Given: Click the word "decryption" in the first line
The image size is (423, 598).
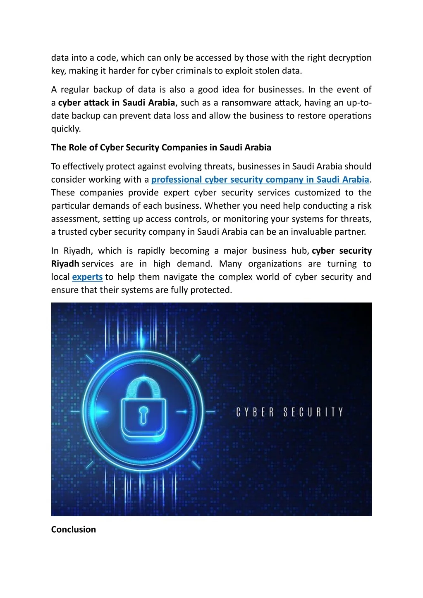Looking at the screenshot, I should pyautogui.click(x=349, y=58).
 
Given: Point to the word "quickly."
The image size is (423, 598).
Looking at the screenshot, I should pyautogui.click(x=66, y=129).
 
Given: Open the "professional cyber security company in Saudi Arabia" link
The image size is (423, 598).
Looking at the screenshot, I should pyautogui.click(x=260, y=179).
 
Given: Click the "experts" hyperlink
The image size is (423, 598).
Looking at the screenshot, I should pyautogui.click(x=87, y=277).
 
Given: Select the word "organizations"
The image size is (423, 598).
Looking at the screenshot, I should pyautogui.click(x=275, y=264).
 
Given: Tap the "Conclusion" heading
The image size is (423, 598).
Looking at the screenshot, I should pyautogui.click(x=74, y=529).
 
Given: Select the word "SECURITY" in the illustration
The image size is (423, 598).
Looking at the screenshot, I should pyautogui.click(x=313, y=412).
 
